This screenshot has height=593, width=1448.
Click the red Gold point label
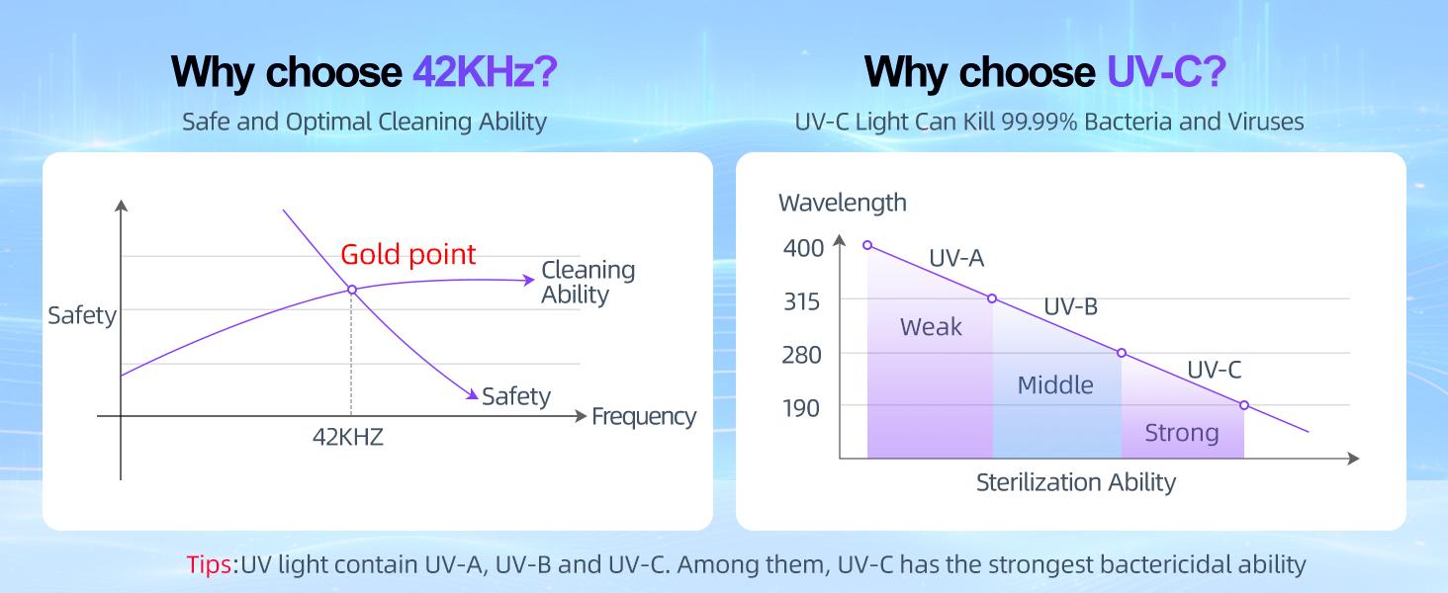tap(407, 254)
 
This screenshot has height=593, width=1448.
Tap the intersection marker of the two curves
tap(351, 290)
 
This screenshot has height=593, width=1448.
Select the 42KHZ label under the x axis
tap(348, 437)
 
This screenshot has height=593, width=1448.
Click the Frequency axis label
tap(644, 417)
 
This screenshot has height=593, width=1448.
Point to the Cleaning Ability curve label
tap(588, 282)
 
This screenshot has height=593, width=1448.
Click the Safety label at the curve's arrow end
tap(515, 396)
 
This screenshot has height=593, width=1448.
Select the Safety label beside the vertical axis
tap(82, 316)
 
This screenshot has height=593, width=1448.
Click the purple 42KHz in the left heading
tap(484, 72)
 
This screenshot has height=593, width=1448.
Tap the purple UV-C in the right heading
tap(1166, 72)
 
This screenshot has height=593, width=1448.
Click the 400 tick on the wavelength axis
tap(803, 248)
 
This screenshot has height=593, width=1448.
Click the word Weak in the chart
tap(931, 327)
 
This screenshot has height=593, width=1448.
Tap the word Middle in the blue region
tap(1055, 384)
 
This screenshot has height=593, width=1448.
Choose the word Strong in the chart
tap(1181, 433)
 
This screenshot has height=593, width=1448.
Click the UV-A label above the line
tap(956, 258)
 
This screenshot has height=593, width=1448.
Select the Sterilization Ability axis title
tap(1075, 482)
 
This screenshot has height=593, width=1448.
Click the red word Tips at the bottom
tap(210, 564)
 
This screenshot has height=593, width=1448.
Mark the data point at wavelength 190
tap(1244, 405)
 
